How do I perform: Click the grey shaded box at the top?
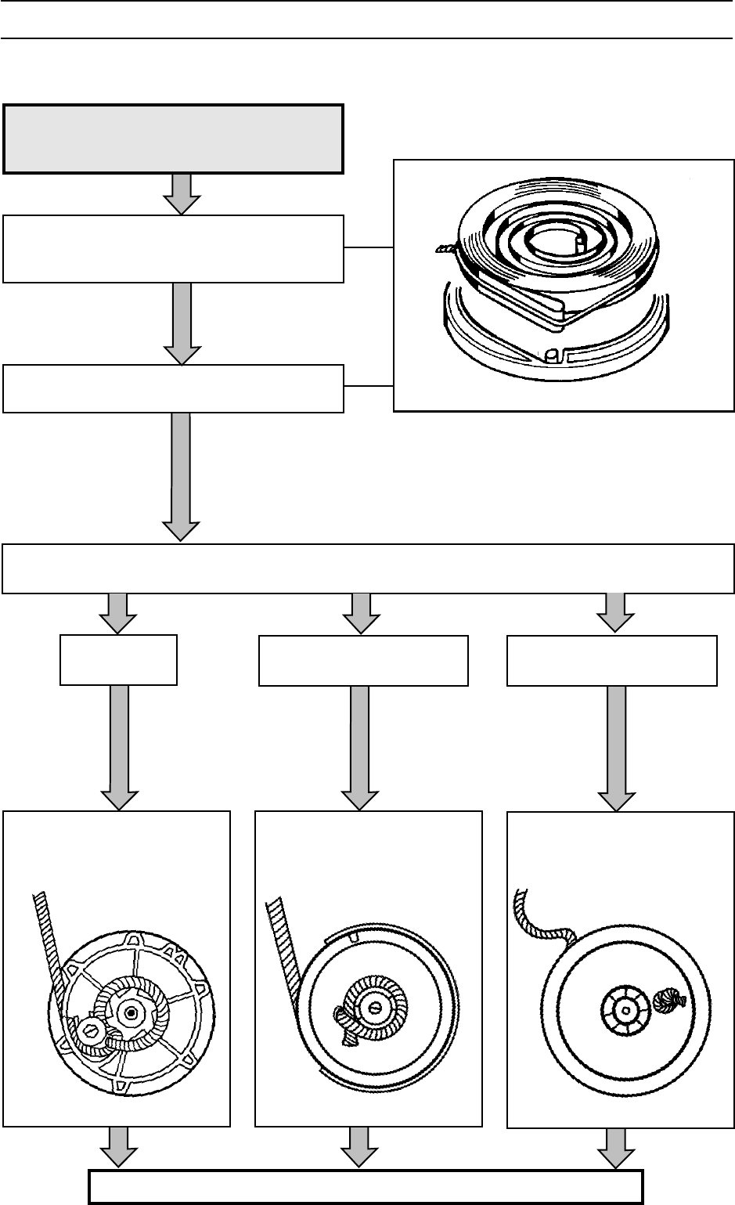click(x=174, y=138)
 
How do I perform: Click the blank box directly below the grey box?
click(x=174, y=248)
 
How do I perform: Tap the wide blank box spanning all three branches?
click(x=368, y=568)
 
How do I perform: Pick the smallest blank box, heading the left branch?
click(x=119, y=660)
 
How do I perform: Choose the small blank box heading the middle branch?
click(x=363, y=661)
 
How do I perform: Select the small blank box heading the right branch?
click(x=612, y=661)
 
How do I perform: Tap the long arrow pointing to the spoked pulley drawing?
click(x=120, y=748)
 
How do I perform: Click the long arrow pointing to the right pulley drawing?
click(x=617, y=748)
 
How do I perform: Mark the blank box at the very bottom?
click(x=366, y=1186)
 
